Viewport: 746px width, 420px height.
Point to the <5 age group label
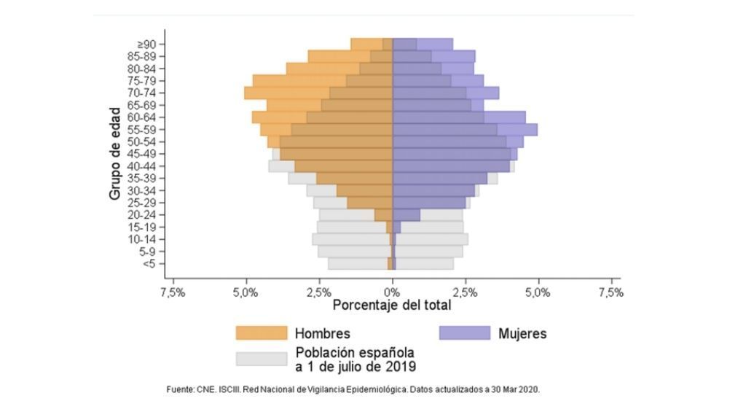click(149, 264)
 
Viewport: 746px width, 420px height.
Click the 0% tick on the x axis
click(393, 292)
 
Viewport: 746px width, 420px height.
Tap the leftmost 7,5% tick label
click(173, 292)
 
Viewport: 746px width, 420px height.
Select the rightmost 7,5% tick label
click(610, 292)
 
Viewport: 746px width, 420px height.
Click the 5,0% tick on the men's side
click(246, 292)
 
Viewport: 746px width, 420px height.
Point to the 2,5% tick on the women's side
click(466, 292)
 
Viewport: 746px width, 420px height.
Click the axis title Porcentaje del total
click(392, 306)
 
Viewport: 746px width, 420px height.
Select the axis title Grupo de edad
click(115, 154)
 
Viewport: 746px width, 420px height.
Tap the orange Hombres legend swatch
click(262, 333)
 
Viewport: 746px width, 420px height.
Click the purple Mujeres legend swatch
click(465, 333)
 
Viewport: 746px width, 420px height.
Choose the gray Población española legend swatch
click(262, 359)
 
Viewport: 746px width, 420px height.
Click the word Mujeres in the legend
click(522, 334)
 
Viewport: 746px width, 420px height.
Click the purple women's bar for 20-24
click(407, 215)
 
